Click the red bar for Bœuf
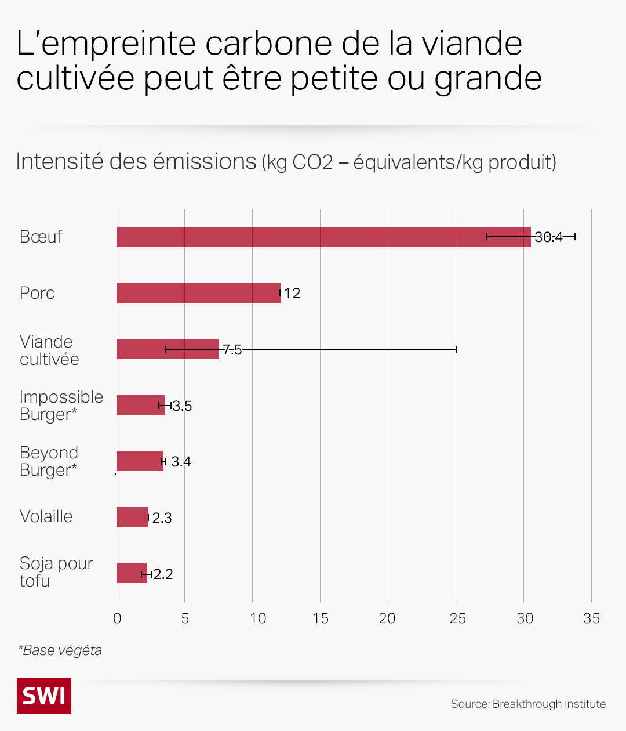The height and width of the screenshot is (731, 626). click(301, 237)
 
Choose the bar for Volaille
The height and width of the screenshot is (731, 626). click(132, 518)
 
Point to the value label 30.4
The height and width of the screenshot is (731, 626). click(548, 237)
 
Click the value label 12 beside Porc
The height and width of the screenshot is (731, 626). click(292, 294)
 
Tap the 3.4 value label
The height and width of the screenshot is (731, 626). click(181, 462)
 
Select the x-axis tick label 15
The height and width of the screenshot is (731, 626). click(320, 618)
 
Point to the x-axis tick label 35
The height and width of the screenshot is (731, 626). click(591, 618)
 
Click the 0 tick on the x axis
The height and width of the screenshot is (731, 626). click(117, 618)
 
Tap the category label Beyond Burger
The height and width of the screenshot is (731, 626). click(49, 461)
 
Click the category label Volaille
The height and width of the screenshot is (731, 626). click(46, 516)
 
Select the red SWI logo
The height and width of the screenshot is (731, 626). click(44, 695)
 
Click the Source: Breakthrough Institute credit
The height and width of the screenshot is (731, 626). click(528, 704)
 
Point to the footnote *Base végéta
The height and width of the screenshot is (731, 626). click(60, 650)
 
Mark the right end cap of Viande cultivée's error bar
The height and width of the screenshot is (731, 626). click(456, 349)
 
